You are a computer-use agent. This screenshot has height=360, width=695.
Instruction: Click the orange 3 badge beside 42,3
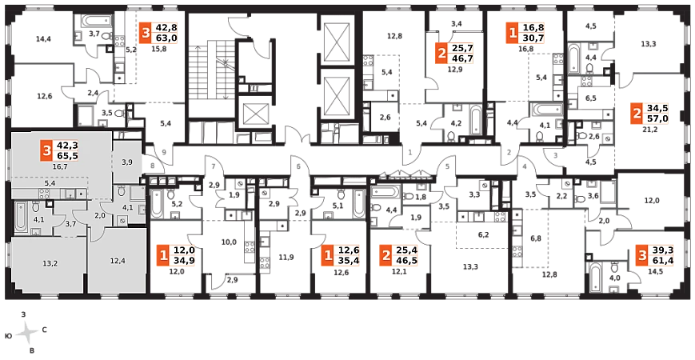coord(47,149)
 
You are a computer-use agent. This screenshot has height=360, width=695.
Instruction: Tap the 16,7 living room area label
coord(58,167)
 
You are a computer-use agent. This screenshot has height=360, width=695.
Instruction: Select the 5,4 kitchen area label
coord(50,184)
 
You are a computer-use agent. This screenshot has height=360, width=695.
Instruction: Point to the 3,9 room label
coord(127,162)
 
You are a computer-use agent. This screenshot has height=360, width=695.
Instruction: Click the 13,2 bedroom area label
coord(50,262)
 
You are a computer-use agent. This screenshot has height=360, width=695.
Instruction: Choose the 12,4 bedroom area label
coord(118,260)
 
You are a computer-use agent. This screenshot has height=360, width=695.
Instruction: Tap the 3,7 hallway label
coord(70,224)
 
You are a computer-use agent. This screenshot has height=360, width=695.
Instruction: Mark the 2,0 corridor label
coord(100,215)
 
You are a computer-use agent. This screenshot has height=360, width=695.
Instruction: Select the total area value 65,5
coord(67,155)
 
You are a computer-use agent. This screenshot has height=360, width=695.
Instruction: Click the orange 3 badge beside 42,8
coord(145,32)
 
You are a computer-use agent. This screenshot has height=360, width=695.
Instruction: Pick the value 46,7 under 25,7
coord(462,58)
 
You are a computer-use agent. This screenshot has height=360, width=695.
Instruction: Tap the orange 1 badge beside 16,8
coord(513,32)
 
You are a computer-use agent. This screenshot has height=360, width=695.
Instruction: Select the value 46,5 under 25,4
coord(406,261)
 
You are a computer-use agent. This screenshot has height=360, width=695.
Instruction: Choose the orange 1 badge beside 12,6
coord(327,256)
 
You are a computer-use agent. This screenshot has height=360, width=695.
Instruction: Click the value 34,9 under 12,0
coord(185,261)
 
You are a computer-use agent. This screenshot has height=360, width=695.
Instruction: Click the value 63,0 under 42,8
coord(166,38)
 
